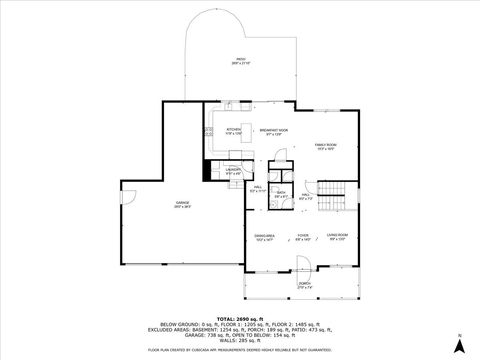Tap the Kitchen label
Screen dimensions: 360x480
[x=234, y=131]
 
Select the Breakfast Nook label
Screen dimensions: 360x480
[x=274, y=131]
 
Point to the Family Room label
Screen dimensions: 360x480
[x=326, y=146]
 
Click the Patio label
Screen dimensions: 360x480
[x=240, y=61]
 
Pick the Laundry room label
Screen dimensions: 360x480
[x=232, y=171]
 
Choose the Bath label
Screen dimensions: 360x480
[x=282, y=194]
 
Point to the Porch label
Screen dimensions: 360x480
[x=303, y=286]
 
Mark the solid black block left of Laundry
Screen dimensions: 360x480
[x=205, y=171]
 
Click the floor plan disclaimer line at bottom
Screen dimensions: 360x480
[x=240, y=350]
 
